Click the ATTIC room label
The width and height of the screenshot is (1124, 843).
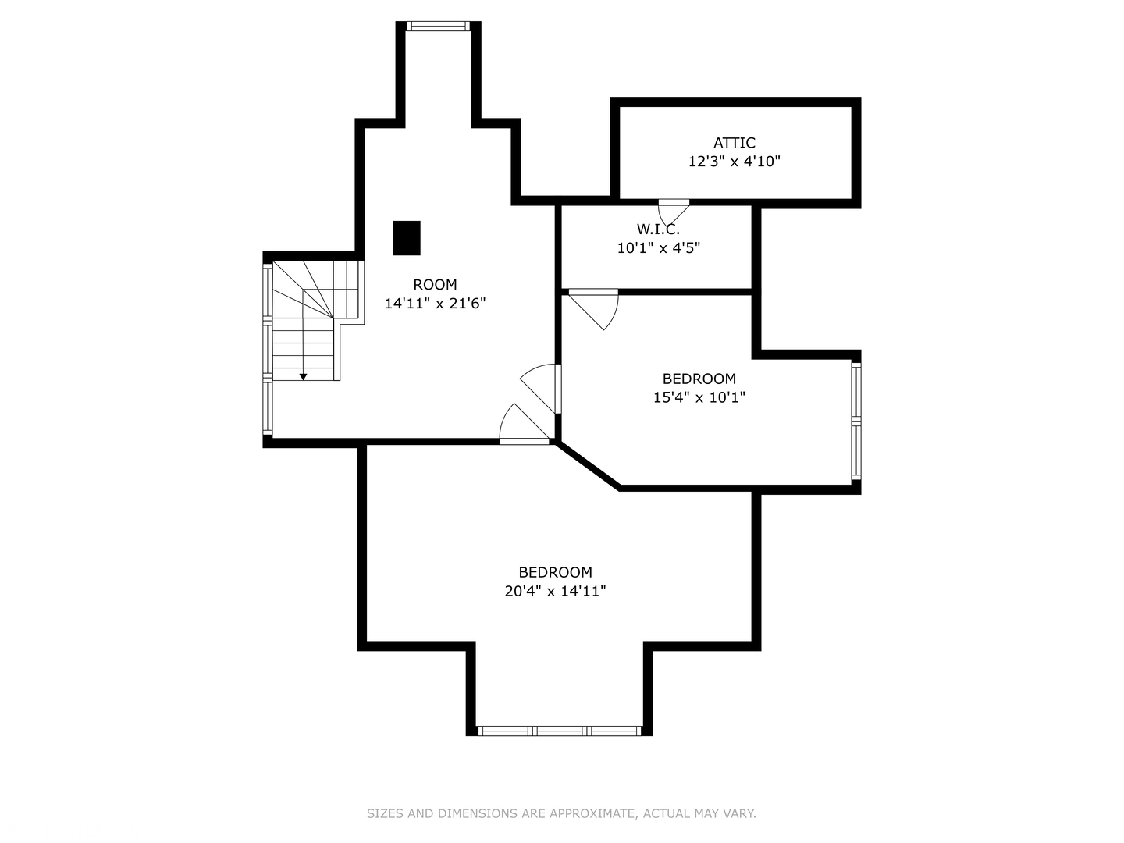pos(734,143)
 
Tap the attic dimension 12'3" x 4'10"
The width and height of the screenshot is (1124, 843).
pos(734,162)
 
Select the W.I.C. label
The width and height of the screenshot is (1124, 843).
pos(658,229)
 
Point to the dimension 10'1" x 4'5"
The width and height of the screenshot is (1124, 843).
pos(658,248)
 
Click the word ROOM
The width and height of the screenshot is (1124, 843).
pos(435,284)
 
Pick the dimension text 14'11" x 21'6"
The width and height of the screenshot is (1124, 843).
pos(435,304)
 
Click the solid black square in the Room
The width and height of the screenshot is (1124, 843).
pos(406,238)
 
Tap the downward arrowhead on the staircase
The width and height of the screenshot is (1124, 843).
pos(303,377)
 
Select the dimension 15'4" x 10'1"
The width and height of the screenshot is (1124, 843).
pos(699,397)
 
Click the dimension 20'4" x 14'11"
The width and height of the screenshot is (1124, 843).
pos(555,591)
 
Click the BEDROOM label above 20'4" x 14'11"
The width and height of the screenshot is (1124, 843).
pos(555,572)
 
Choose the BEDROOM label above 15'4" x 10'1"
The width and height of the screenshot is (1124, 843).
pos(699,379)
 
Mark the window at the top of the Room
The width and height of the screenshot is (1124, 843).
pos(439,27)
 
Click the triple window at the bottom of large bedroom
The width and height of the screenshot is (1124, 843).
pos(559,731)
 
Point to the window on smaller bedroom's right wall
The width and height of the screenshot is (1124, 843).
pos(855,421)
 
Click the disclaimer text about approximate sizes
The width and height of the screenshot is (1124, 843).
pos(561,813)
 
